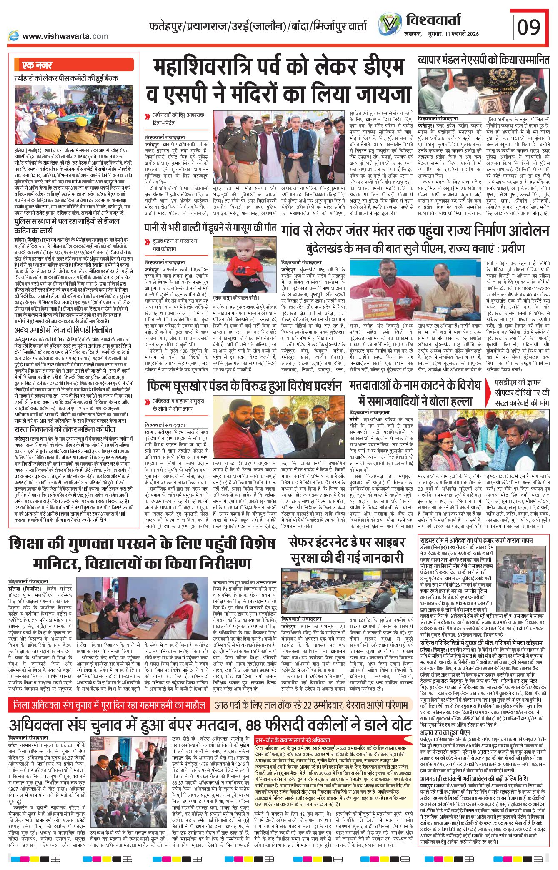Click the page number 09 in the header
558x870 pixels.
(x=529, y=27)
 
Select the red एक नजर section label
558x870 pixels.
(x=38, y=65)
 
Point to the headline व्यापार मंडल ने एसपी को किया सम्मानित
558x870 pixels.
(x=483, y=60)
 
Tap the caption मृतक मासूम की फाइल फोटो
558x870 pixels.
(x=236, y=298)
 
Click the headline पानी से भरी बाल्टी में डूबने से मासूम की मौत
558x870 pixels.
(x=210, y=228)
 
